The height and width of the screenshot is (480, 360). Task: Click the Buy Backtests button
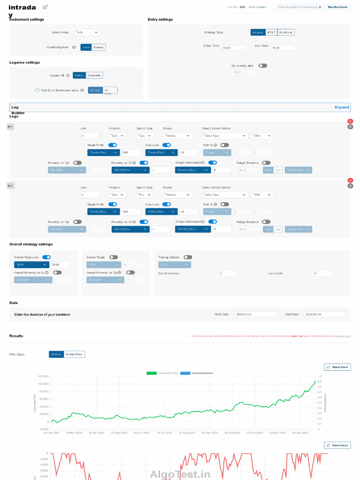[x=337, y=7]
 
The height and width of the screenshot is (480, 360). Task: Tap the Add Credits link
[x=257, y=7]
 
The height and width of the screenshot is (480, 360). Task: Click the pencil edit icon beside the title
[x=45, y=7]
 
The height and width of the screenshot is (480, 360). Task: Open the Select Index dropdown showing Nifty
[x=87, y=32]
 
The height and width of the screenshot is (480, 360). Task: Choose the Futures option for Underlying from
[x=98, y=47]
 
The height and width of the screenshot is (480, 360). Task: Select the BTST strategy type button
[x=271, y=32]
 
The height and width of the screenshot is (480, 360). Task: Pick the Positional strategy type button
[x=286, y=32]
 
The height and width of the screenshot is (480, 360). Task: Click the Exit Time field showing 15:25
[x=282, y=48]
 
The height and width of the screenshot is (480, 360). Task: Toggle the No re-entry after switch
[x=262, y=66]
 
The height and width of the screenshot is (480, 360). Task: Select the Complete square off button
[x=94, y=75]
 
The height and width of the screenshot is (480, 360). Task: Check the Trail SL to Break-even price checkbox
[x=37, y=90]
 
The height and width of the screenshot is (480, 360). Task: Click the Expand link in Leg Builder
[x=342, y=107]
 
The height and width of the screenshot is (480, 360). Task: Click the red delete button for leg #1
[x=350, y=121]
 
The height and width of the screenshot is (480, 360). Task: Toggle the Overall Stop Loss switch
[x=46, y=257]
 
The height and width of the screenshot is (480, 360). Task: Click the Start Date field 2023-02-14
[x=255, y=314]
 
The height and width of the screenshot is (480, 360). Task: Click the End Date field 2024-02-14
[x=325, y=314]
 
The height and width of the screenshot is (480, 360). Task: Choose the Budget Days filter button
[x=74, y=354]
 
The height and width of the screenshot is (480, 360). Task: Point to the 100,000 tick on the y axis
[x=43, y=384]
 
